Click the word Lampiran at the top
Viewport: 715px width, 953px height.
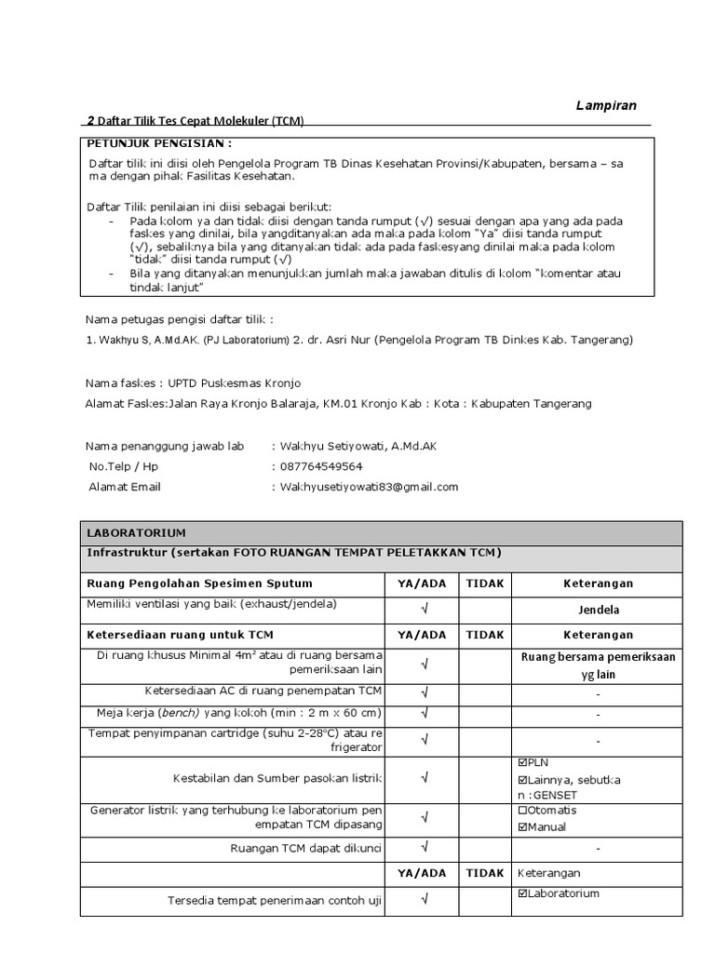pos(606,105)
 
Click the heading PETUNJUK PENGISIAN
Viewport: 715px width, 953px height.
pos(158,144)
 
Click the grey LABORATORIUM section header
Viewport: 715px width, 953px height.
pos(136,533)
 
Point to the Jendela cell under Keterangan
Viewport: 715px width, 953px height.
pos(597,610)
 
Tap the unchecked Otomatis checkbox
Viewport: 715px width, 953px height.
pos(522,810)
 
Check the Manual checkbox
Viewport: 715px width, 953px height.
pos(522,827)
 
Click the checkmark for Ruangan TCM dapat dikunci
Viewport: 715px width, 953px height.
pos(424,847)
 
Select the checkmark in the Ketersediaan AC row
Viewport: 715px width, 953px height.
pos(424,692)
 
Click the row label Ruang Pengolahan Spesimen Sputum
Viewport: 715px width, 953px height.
pos(199,584)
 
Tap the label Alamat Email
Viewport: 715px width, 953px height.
pos(125,487)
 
